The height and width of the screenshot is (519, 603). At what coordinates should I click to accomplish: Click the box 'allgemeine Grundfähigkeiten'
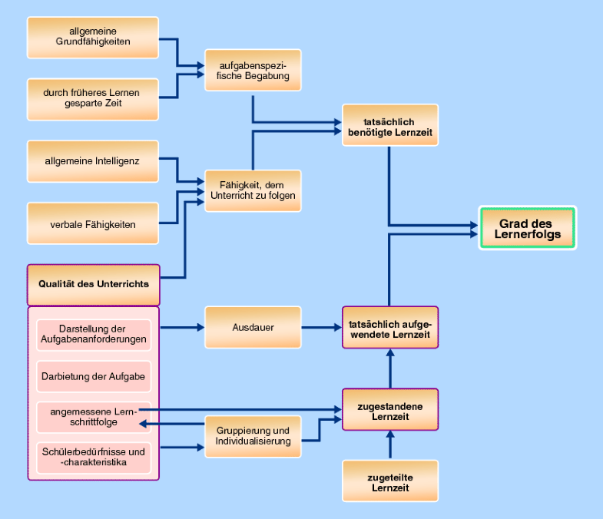pyautogui.click(x=93, y=36)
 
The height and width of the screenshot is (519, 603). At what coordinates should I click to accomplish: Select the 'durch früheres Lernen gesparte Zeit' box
pyautogui.click(x=93, y=98)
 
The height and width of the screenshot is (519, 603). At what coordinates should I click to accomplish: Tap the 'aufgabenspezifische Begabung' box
pyautogui.click(x=253, y=71)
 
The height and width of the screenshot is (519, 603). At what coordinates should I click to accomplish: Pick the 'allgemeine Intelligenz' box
pyautogui.click(x=93, y=160)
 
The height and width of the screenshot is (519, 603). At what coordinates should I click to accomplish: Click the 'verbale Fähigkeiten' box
pyautogui.click(x=93, y=223)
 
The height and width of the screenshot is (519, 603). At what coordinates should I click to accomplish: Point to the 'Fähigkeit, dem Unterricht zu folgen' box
pyautogui.click(x=253, y=190)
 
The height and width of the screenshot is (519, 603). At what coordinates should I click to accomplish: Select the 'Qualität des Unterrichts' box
pyautogui.click(x=94, y=284)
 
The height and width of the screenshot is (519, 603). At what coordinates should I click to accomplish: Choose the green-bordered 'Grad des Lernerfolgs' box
pyautogui.click(x=528, y=228)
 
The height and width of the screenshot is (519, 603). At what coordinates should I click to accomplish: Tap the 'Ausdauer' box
pyautogui.click(x=253, y=328)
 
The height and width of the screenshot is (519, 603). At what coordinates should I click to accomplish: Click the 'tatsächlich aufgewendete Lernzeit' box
pyautogui.click(x=389, y=328)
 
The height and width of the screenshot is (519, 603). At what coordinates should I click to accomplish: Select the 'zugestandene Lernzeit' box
pyautogui.click(x=389, y=410)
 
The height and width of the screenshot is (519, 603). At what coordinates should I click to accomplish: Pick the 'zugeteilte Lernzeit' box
pyautogui.click(x=389, y=481)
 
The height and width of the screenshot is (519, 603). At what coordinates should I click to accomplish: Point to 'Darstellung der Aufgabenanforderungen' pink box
pyautogui.click(x=93, y=336)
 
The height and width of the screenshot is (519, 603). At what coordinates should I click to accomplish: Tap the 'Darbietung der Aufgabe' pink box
pyautogui.click(x=93, y=376)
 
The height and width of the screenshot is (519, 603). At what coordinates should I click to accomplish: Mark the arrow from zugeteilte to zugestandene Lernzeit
pyautogui.click(x=389, y=445)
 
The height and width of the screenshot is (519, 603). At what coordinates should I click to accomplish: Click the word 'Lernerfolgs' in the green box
pyautogui.click(x=528, y=234)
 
